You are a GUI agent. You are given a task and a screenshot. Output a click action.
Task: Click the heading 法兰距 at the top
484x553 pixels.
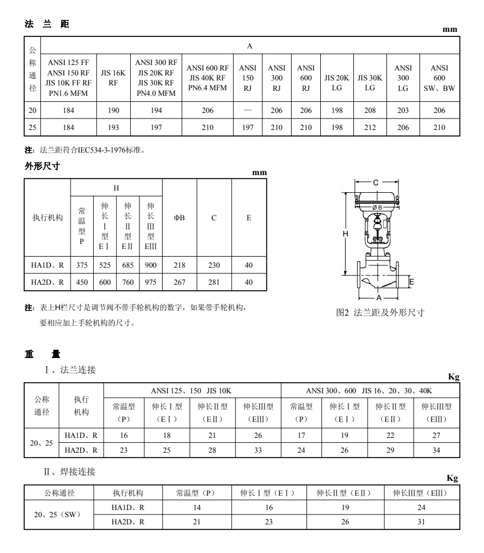47,25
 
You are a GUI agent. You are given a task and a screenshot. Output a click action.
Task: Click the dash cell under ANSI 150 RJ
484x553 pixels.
248,111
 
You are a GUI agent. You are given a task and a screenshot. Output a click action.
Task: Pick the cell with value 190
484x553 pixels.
113,111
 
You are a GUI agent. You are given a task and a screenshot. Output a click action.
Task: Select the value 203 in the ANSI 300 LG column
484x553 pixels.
403,111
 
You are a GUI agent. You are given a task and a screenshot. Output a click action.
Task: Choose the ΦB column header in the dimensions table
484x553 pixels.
179,218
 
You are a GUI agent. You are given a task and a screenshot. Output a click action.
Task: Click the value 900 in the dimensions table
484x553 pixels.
150,265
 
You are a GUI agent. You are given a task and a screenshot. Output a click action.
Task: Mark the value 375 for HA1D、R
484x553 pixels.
82,265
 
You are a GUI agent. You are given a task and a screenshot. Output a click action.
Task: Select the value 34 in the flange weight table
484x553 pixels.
436,449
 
